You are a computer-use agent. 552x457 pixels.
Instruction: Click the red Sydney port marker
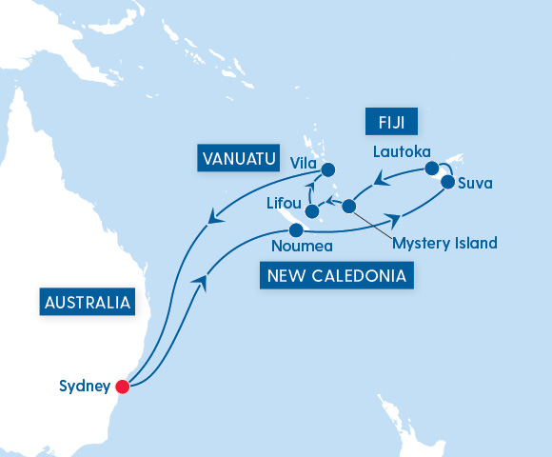pos(122,387)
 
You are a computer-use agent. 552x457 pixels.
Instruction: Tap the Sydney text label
pos(84,387)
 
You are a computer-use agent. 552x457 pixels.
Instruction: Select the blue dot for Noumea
pos(296,230)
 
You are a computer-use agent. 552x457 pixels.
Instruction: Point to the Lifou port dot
pos(311,198)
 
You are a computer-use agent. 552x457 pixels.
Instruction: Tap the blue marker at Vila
pos(328,170)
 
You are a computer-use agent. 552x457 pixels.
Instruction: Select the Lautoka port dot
pos(433,169)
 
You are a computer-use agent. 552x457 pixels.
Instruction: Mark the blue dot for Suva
pos(447,183)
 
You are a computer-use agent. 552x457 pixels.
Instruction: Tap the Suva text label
pos(475,183)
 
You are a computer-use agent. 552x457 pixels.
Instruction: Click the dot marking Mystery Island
pos(349,206)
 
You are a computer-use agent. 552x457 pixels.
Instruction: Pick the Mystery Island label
pos(444,244)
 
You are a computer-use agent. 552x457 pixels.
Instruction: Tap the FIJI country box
pos(384,124)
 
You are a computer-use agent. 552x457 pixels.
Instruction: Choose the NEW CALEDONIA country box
pos(336,277)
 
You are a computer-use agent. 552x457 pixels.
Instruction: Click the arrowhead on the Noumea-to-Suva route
pos(392,218)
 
